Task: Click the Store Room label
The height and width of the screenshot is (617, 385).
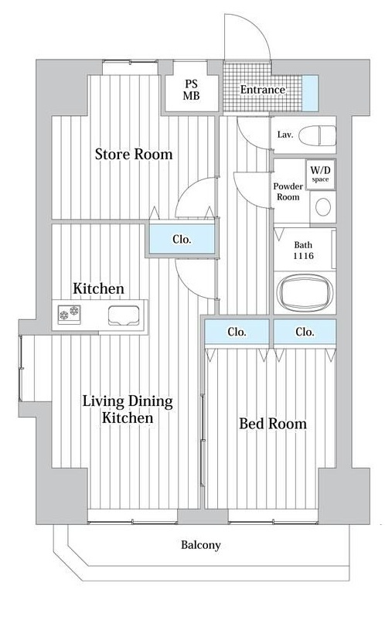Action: [x=134, y=154]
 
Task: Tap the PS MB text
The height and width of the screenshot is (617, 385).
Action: [x=191, y=90]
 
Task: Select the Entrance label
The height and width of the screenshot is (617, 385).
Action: [x=263, y=90]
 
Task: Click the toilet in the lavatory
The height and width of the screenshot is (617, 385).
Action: [x=318, y=136]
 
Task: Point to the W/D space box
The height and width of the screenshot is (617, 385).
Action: [x=321, y=174]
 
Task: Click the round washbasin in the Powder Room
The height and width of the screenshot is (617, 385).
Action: [x=323, y=207]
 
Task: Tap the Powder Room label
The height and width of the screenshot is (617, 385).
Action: [x=288, y=192]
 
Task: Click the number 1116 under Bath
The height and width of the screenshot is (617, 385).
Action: [x=303, y=256]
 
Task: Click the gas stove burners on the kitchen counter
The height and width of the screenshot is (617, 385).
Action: [x=69, y=315]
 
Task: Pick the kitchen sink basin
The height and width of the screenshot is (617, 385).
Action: [x=124, y=315]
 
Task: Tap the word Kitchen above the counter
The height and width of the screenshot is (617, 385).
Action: [x=98, y=288]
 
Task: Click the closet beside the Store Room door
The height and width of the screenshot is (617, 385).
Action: [x=182, y=239]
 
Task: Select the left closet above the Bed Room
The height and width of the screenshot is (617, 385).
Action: [x=237, y=332]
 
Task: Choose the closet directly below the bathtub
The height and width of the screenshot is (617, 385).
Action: [x=305, y=332]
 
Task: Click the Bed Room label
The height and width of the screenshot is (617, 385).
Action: [x=273, y=424]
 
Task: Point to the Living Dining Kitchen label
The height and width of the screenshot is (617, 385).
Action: [x=128, y=410]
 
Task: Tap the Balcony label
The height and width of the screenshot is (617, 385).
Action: [x=200, y=545]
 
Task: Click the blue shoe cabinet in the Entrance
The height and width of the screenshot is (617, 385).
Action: [x=310, y=94]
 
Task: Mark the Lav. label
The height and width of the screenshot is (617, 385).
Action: [x=285, y=135]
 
